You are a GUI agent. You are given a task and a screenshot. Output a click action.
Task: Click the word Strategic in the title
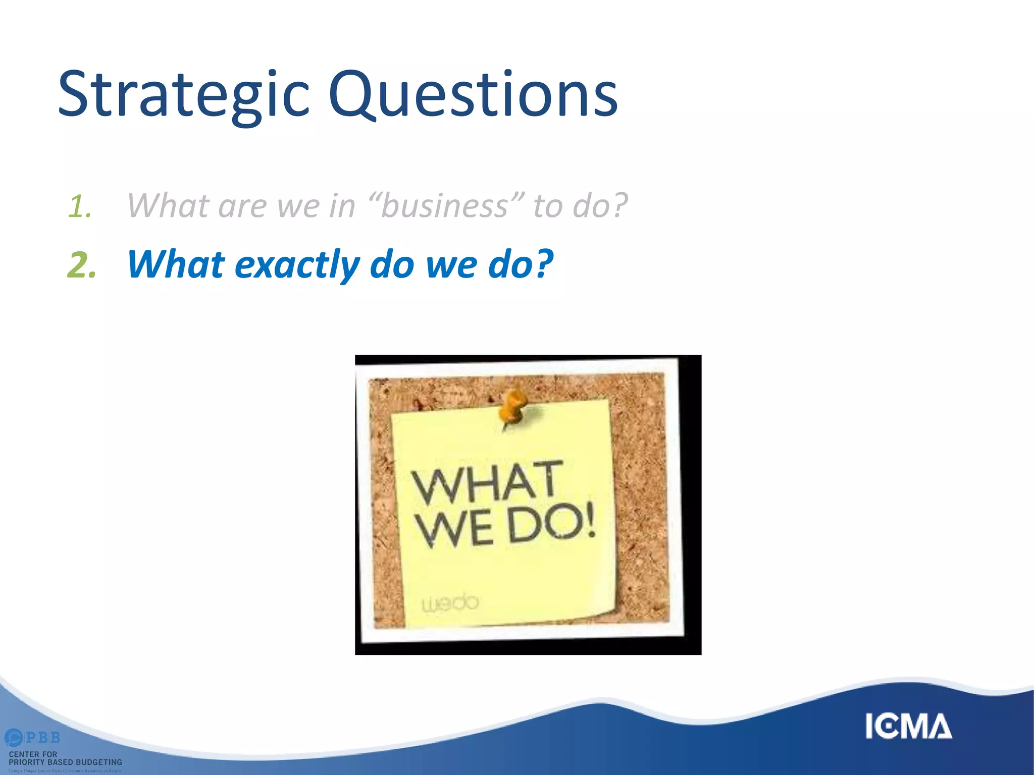tap(183, 95)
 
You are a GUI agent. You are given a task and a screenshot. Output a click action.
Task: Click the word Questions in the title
tap(473, 95)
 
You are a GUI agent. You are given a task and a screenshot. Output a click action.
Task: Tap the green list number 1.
tap(80, 207)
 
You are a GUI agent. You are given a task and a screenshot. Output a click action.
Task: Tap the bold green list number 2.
tap(81, 265)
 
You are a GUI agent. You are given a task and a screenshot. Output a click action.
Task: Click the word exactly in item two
tap(297, 265)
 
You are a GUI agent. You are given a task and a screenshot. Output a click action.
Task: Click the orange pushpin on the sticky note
tap(512, 407)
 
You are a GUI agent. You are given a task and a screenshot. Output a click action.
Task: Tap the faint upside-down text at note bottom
tap(449, 603)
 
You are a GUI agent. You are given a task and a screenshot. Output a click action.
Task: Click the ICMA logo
tap(908, 726)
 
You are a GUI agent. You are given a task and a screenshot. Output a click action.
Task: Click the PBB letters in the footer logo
tap(42, 738)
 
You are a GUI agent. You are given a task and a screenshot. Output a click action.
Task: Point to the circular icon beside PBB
tap(14, 738)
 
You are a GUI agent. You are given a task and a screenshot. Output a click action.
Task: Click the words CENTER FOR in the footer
tap(33, 754)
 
